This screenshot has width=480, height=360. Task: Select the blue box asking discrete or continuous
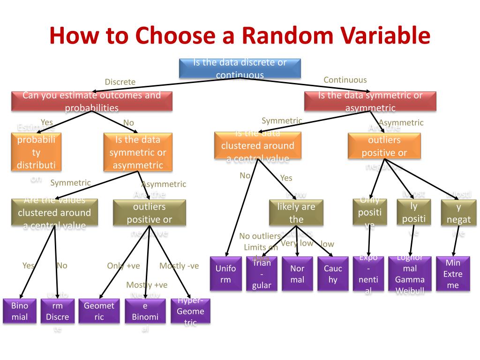click(240, 68)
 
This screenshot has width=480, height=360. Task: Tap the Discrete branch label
click(120, 82)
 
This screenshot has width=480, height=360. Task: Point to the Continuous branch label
click(345, 80)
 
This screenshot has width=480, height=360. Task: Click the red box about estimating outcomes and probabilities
click(91, 101)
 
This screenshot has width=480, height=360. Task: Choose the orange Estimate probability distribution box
click(36, 152)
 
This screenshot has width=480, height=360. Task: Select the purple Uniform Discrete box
click(57, 311)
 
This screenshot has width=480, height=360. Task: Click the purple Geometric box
click(99, 311)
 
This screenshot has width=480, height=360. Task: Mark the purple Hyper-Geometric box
click(190, 311)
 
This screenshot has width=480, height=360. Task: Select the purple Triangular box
click(262, 274)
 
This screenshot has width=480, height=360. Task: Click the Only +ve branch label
click(123, 266)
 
